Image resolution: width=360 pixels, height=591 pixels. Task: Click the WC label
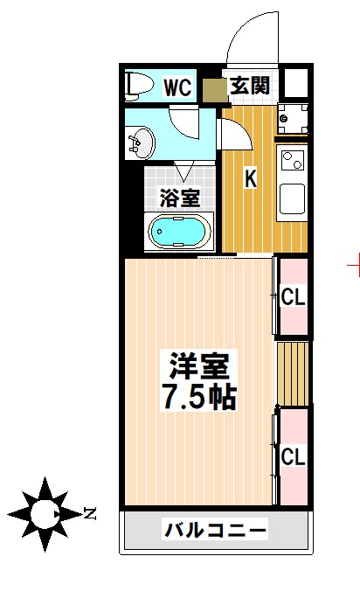pyautogui.click(x=178, y=87)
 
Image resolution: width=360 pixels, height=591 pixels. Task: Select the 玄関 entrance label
pyautogui.click(x=249, y=87)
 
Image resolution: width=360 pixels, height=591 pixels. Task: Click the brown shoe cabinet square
pyautogui.click(x=214, y=89)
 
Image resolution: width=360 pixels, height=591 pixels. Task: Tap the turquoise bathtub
pyautogui.click(x=178, y=232)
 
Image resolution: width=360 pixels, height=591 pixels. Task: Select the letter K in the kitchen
pyautogui.click(x=250, y=178)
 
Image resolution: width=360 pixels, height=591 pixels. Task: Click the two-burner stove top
pyautogui.click(x=292, y=161)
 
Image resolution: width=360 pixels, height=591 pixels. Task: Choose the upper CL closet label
pyautogui.click(x=294, y=297)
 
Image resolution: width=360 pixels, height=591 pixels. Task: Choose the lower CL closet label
pyautogui.click(x=294, y=456)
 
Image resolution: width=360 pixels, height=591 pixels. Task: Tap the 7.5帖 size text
pyautogui.click(x=199, y=397)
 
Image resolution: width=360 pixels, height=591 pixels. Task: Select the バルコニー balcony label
pyautogui.click(x=215, y=531)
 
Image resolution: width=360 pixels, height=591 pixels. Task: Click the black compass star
pyautogui.click(x=42, y=512)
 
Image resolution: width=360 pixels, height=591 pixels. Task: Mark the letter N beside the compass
pyautogui.click(x=89, y=513)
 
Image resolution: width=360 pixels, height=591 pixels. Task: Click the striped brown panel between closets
pyautogui.click(x=294, y=373)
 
